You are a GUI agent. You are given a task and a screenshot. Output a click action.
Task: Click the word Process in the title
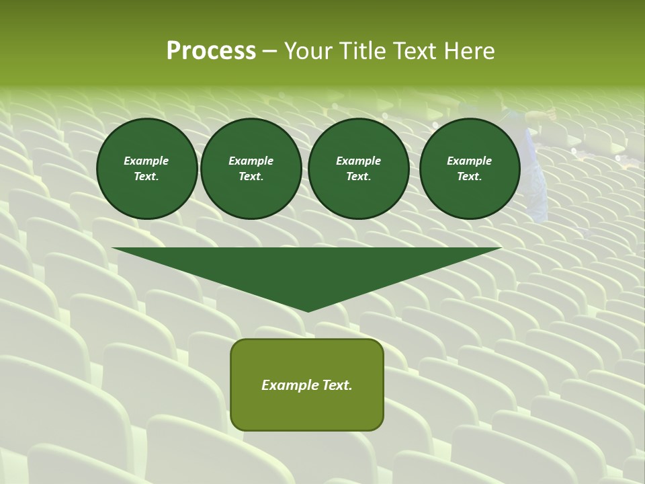point(211,51)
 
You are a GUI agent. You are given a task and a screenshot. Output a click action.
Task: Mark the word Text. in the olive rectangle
point(336,385)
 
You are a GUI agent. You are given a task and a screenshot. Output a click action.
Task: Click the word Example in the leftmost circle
point(146,161)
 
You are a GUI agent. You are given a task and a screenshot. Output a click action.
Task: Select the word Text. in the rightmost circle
point(470,176)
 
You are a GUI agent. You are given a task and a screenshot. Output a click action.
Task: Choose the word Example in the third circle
point(358,161)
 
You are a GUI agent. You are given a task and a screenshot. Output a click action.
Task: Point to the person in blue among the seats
point(534,168)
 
